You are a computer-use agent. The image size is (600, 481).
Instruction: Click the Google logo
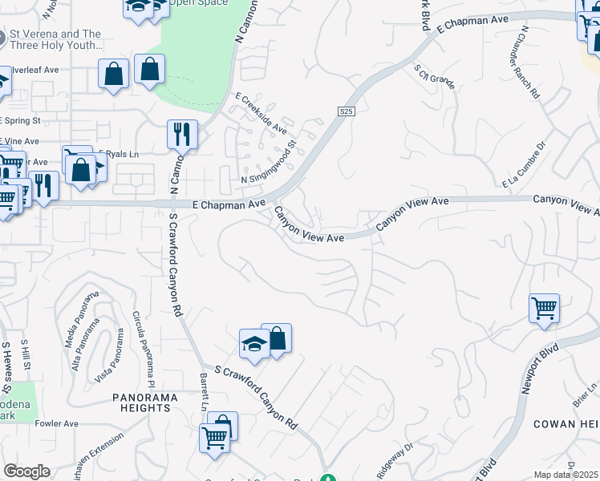26,471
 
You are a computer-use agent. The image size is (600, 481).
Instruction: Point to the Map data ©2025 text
566,475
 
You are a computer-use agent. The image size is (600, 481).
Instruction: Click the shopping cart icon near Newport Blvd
544,309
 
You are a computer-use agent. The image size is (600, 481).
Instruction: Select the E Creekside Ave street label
261,112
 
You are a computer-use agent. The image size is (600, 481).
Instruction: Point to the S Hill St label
26,354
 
